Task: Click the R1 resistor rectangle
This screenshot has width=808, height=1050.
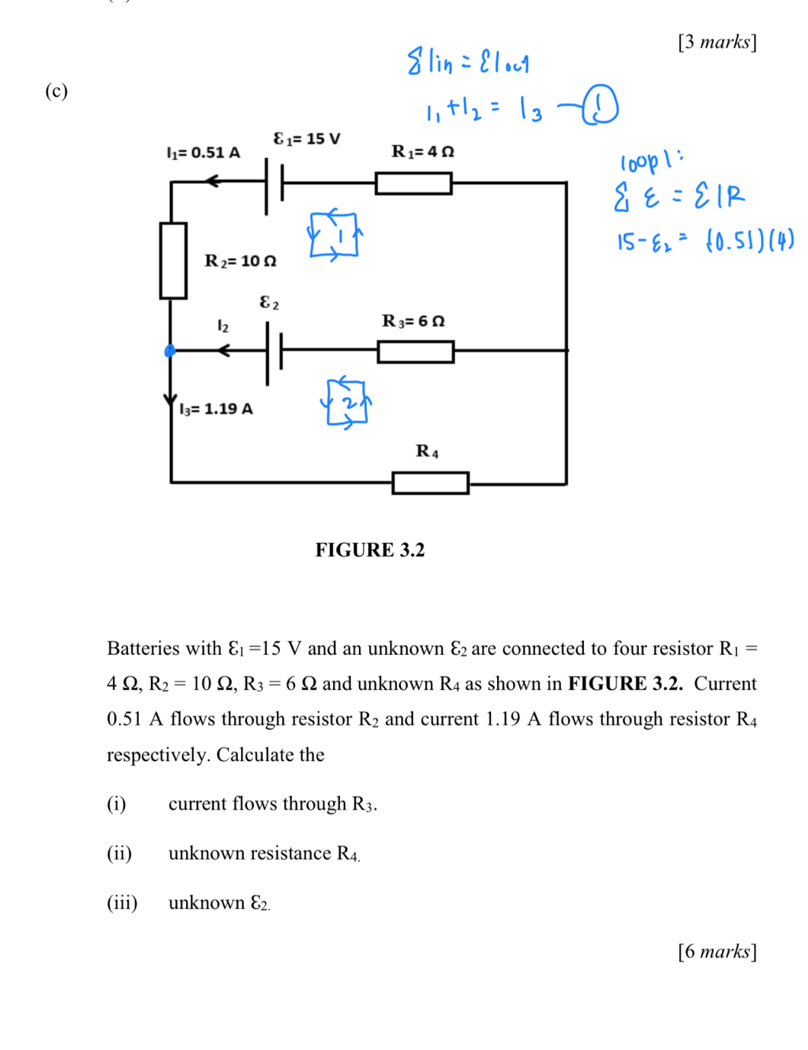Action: coord(413,183)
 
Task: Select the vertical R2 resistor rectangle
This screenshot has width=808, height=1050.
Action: coord(173,260)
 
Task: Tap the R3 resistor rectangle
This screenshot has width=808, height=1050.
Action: coord(415,352)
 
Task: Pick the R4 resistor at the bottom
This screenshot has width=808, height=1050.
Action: coord(430,483)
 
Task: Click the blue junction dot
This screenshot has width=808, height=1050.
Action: coord(170,351)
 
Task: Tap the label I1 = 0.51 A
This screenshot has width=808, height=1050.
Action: coord(203,153)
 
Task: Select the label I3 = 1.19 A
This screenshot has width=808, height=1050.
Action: coord(216,409)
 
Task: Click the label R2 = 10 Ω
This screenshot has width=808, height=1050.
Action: coord(240,262)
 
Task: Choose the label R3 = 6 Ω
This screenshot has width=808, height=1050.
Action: coord(413,321)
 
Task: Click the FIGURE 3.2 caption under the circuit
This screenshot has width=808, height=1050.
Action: coord(370,550)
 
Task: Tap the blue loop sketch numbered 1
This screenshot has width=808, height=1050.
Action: coord(335,236)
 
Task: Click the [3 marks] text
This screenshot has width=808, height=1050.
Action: coord(717,42)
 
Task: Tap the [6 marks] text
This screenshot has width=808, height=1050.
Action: coord(717,952)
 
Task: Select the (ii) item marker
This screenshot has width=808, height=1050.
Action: coord(119,853)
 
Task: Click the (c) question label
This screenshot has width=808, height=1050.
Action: coord(56,92)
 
